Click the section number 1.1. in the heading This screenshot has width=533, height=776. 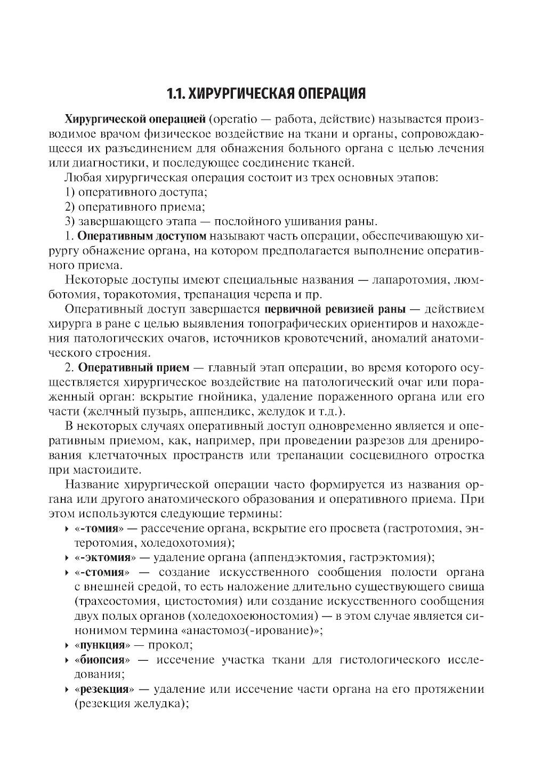point(177,94)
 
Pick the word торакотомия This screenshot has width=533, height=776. point(142,294)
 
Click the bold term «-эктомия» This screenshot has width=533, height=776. point(103,558)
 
